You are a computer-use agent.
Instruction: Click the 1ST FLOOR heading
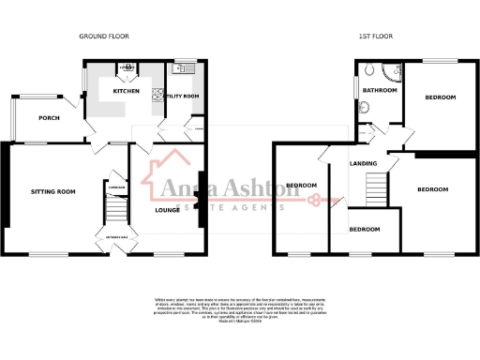coord(375,36)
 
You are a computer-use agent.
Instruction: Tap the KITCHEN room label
coord(127,91)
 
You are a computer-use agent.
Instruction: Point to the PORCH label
coord(49,118)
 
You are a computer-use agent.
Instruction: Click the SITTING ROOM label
coord(52,190)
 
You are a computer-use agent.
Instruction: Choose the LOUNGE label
coord(167,209)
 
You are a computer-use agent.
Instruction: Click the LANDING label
coord(364,164)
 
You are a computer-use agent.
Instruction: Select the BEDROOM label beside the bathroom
coord(439,97)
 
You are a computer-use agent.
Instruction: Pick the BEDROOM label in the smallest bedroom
coord(365,229)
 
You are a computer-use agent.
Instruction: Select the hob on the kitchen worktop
coord(127,68)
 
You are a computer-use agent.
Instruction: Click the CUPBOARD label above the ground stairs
coord(116,187)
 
